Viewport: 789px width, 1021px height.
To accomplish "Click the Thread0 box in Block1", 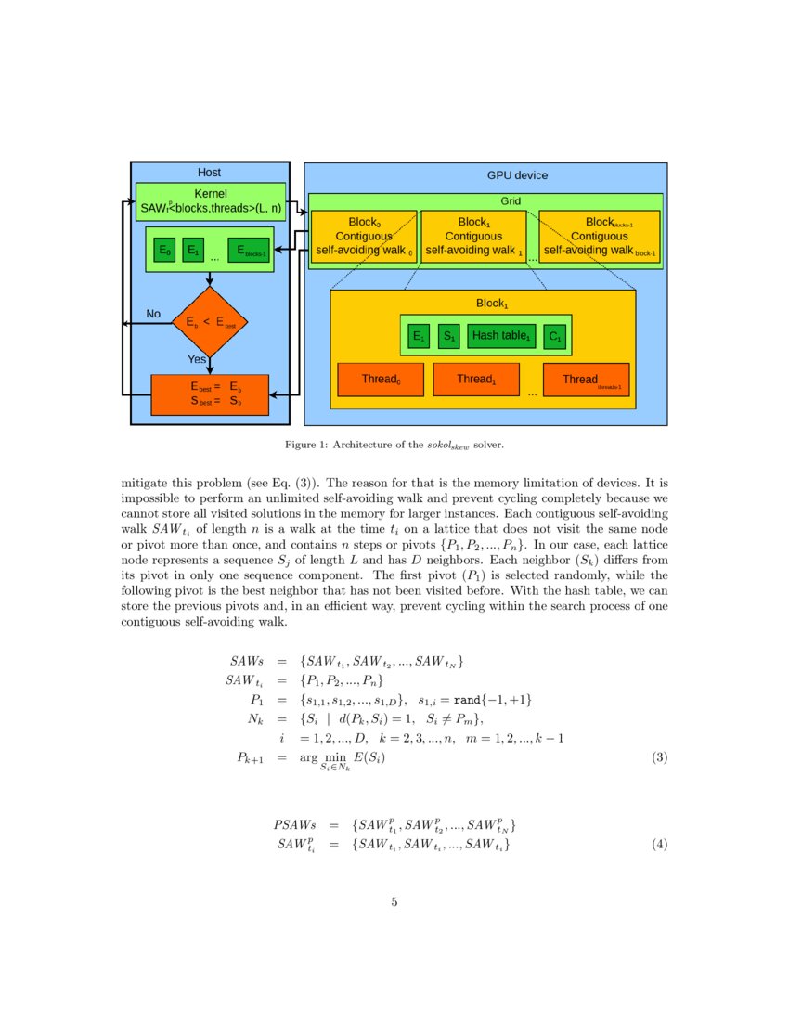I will tap(380, 379).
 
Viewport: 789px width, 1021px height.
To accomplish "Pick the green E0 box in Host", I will tap(164, 251).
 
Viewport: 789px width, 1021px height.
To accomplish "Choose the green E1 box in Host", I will tap(193, 251).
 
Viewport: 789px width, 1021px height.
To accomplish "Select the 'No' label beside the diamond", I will tap(153, 314).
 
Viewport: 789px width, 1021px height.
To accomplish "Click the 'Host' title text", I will tap(210, 173).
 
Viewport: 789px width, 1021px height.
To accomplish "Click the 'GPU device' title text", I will tap(517, 175).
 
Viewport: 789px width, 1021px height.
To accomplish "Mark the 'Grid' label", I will tap(511, 200).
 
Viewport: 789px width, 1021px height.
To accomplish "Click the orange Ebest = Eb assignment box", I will tap(210, 394).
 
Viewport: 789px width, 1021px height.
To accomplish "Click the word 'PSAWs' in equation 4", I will tap(294, 824).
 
